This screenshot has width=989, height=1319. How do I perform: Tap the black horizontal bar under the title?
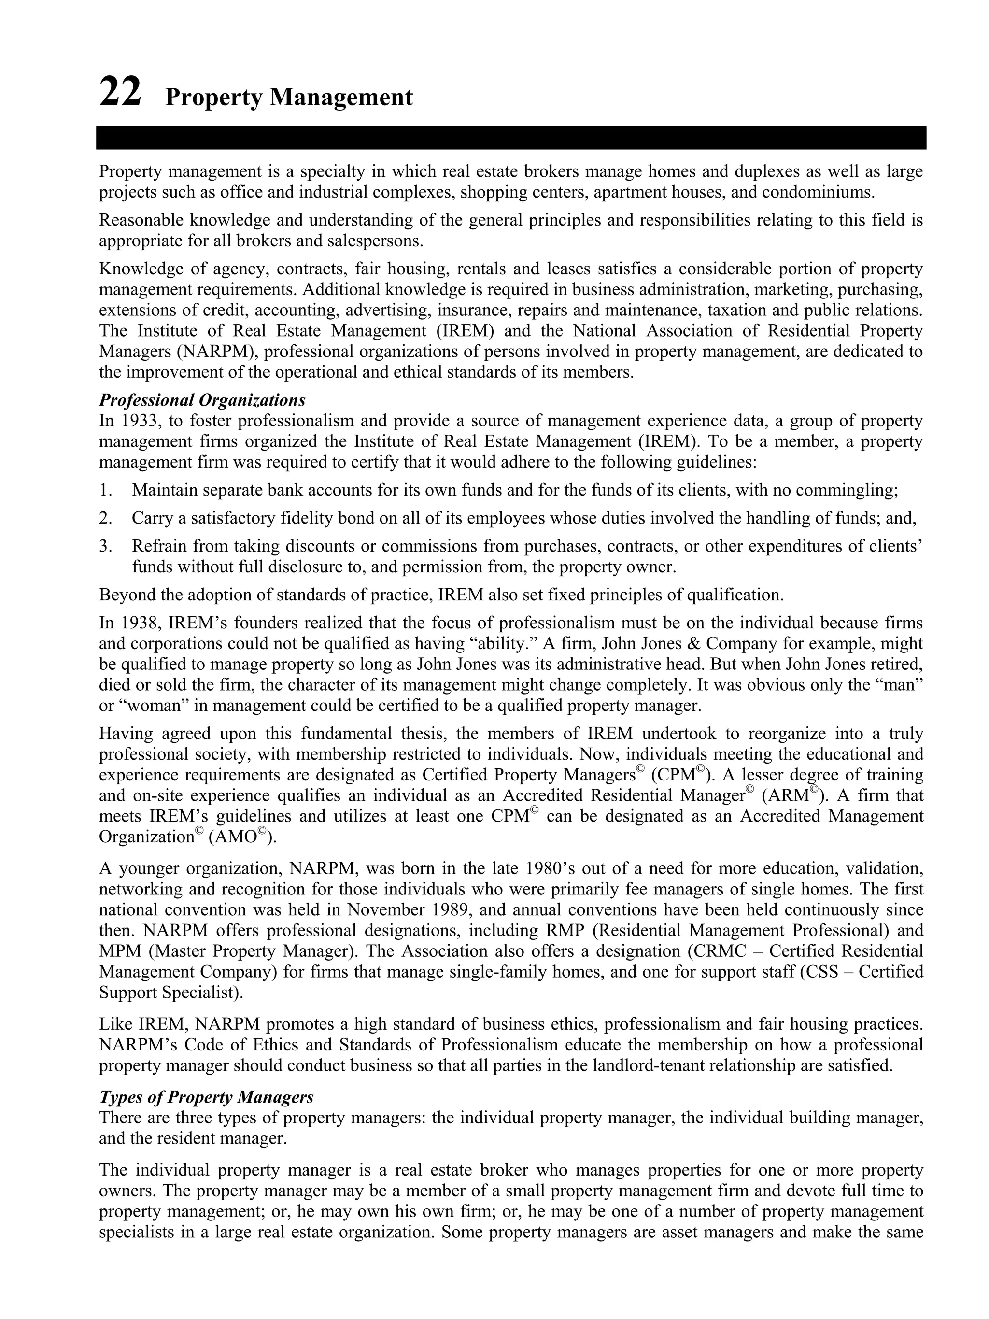coord(511,137)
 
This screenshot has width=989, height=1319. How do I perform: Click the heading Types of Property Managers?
coord(206,1097)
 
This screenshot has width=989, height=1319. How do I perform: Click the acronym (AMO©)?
coord(242,837)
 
